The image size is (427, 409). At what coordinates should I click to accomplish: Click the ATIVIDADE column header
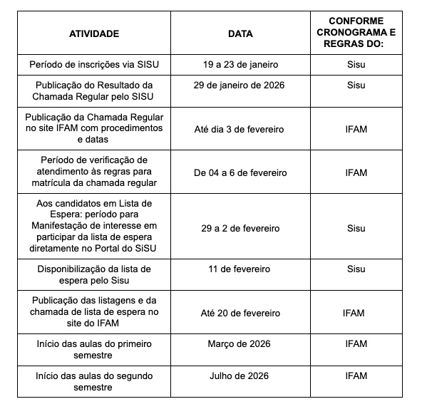[x=94, y=33]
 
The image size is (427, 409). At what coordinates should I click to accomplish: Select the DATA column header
[x=240, y=33]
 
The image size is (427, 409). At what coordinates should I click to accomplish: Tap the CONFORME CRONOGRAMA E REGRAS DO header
[x=356, y=33]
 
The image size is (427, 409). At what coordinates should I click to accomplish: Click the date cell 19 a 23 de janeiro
[x=240, y=65]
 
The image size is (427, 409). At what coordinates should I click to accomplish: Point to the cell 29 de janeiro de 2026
[x=240, y=86]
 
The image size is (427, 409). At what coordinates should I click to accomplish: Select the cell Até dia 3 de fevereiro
[x=240, y=129]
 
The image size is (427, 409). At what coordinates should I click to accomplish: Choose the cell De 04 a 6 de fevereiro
[x=240, y=172]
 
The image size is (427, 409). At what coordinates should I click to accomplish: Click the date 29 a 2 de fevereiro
[x=240, y=228]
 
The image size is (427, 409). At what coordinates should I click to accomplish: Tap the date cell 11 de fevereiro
[x=240, y=271]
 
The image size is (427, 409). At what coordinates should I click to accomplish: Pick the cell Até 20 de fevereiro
[x=240, y=313]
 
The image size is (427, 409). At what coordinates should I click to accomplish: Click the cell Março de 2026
[x=240, y=343]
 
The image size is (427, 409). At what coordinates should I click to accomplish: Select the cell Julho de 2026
[x=240, y=376]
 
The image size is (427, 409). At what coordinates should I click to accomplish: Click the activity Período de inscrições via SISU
[x=94, y=65]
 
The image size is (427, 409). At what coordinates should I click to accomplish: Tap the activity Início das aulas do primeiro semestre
[x=94, y=349]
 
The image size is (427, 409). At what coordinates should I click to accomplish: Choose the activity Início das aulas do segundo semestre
[x=94, y=382]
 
